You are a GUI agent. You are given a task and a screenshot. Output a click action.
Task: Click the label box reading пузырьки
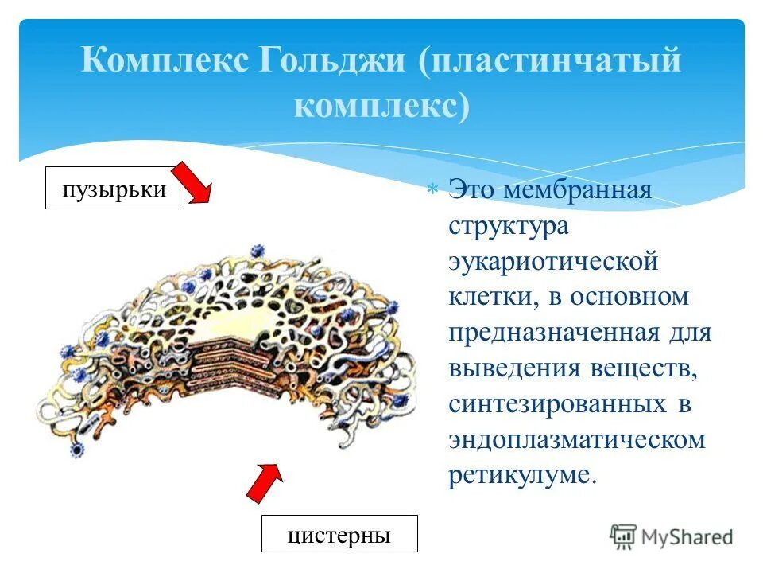point(114,189)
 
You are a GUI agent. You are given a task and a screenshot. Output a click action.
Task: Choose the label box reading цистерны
point(339,534)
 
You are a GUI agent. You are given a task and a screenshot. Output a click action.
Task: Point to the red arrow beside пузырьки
point(193,184)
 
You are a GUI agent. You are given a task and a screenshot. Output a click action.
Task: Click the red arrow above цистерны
point(264,482)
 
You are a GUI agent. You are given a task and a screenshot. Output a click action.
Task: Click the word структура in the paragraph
point(509,227)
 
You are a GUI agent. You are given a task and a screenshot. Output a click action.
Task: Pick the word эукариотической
point(554,262)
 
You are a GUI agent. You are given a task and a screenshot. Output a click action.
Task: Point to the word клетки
point(485,297)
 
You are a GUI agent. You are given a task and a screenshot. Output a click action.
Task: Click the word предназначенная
point(554,332)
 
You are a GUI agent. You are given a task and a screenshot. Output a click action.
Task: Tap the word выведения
point(514,368)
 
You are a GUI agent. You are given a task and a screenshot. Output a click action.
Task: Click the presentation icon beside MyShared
point(624,536)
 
